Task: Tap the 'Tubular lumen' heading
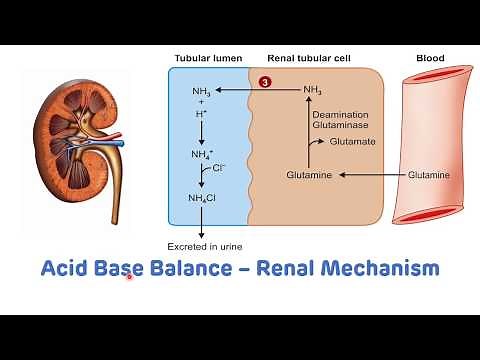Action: coord(207,58)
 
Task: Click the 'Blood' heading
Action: coord(429,58)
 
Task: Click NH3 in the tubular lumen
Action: coord(201,91)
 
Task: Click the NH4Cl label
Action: coord(202,197)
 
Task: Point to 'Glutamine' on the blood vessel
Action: coord(429,175)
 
